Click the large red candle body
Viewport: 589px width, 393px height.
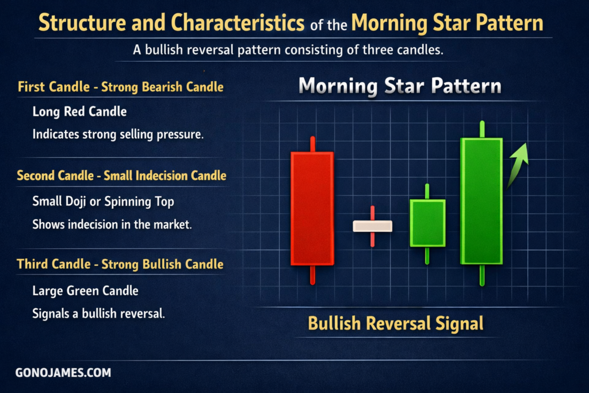[x=312, y=208]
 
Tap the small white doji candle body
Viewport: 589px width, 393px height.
[x=373, y=226]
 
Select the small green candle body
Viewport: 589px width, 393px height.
[x=427, y=223]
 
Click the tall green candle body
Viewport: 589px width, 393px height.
[x=481, y=201]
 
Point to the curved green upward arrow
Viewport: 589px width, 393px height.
[x=517, y=165]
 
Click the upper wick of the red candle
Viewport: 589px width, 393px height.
[x=312, y=144]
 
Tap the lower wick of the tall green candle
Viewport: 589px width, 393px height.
[x=482, y=275]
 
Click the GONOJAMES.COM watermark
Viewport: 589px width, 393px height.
[x=63, y=373]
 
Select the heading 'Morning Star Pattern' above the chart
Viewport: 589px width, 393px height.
[x=400, y=86]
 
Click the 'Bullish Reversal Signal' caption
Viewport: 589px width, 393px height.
[x=396, y=323]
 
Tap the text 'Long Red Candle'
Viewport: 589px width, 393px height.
[x=79, y=112]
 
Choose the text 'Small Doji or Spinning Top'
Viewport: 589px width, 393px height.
[x=104, y=202]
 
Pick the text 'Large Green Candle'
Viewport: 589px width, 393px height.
[x=85, y=291]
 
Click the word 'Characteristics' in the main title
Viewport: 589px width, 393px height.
[x=238, y=22]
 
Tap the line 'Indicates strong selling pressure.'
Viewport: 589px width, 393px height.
[x=118, y=135]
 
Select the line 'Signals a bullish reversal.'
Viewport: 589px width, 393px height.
[x=98, y=314]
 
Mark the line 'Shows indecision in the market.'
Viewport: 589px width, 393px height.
[x=112, y=224]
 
